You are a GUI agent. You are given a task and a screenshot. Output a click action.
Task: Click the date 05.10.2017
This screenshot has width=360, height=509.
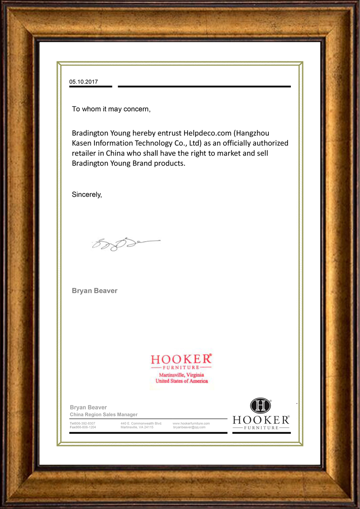coord(84,82)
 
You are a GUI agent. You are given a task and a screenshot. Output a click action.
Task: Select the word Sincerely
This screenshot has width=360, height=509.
coord(86,195)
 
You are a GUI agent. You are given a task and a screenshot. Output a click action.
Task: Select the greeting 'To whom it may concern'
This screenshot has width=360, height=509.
coord(111,109)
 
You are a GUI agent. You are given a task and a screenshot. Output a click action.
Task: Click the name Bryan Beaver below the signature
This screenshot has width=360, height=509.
coord(94,291)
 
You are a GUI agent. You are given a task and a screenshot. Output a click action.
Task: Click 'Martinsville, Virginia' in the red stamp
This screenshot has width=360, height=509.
coord(182,375)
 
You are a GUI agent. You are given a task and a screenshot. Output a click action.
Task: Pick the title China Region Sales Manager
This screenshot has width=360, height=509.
coord(104,415)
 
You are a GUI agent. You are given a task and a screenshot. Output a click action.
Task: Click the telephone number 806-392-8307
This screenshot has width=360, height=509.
coord(85,423)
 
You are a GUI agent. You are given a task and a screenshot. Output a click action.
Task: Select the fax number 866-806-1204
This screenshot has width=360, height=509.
coord(86,427)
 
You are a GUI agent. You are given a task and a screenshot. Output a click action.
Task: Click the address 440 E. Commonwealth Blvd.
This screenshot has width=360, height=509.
coord(141,423)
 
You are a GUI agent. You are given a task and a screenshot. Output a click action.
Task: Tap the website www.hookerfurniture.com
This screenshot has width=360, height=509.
coord(191,423)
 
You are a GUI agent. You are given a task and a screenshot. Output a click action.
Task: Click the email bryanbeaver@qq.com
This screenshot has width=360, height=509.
coord(189,427)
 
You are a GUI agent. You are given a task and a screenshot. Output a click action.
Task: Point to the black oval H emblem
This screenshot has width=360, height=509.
coord(261,406)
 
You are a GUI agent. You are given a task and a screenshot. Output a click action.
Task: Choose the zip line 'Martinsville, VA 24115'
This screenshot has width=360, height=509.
coord(137,427)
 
